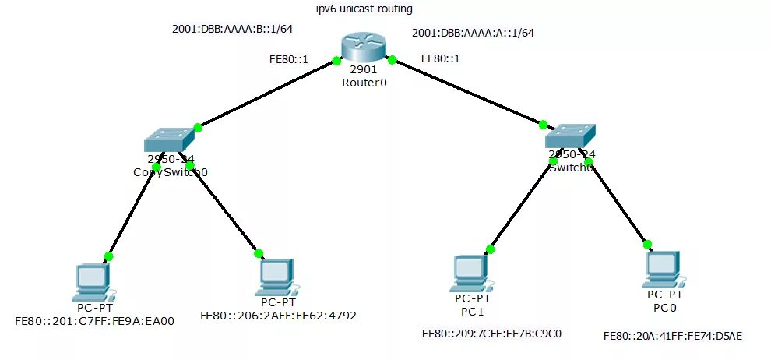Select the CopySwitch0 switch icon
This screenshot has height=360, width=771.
pyautogui.click(x=168, y=139)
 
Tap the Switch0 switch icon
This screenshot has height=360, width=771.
pyautogui.click(x=570, y=136)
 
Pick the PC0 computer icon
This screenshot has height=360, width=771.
pyautogui.click(x=664, y=268)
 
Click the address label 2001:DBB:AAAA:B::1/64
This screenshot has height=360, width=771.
pyautogui.click(x=221, y=30)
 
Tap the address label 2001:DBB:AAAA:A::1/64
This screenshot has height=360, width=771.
pyautogui.click(x=473, y=33)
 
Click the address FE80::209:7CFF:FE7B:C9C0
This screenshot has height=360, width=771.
pyautogui.click(x=491, y=334)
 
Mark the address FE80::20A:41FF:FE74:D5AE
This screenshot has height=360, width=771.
pyautogui.click(x=673, y=336)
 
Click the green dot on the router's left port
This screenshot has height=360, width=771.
pyautogui.click(x=336, y=60)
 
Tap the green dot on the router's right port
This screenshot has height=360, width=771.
pyautogui.click(x=393, y=59)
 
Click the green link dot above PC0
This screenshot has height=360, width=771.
pyautogui.click(x=647, y=244)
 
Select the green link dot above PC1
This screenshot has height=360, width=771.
pyautogui.click(x=490, y=249)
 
